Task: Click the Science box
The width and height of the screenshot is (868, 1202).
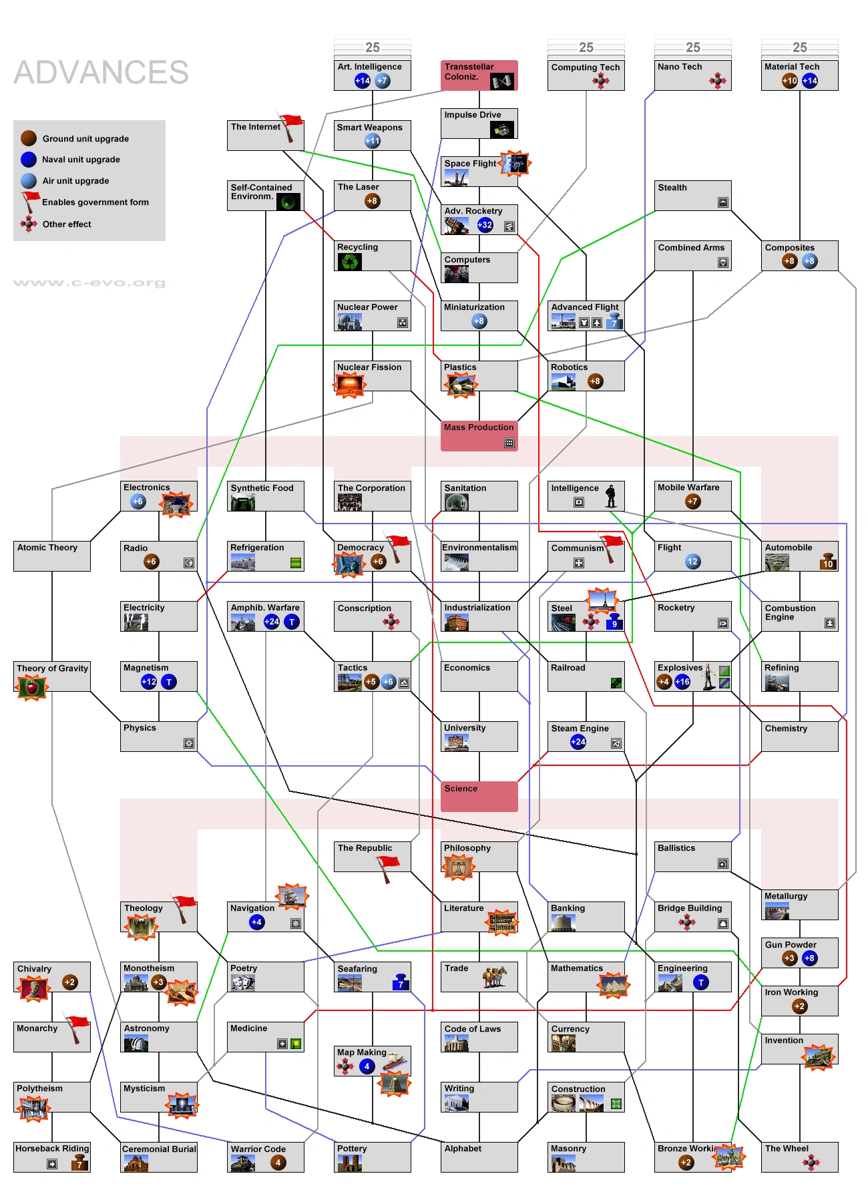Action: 479,796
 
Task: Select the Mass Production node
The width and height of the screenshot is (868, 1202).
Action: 479,435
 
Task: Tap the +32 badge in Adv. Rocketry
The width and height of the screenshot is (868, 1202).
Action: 485,225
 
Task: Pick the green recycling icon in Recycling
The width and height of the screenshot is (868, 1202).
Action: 350,262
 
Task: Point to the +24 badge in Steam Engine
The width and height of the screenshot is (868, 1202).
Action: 578,742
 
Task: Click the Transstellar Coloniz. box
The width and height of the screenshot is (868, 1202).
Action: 479,75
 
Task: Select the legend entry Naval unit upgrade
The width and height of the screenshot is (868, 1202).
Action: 81,160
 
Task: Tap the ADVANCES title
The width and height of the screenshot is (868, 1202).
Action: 101,72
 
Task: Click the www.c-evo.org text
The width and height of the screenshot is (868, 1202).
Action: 89,282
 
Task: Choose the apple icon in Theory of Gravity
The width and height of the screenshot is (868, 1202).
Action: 31,686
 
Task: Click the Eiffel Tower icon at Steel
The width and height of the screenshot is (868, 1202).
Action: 602,600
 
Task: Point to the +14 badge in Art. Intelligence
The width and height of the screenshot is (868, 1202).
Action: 363,81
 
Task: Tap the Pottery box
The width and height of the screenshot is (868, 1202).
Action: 372,1157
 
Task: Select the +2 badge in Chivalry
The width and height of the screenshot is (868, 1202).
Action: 69,982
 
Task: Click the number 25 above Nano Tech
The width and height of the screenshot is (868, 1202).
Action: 693,47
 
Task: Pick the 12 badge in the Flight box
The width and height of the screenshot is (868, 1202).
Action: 693,562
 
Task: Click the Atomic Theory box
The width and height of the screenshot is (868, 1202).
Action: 51,556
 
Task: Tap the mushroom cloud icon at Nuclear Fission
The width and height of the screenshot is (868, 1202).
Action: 351,384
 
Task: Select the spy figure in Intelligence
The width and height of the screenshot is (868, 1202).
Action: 611,496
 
